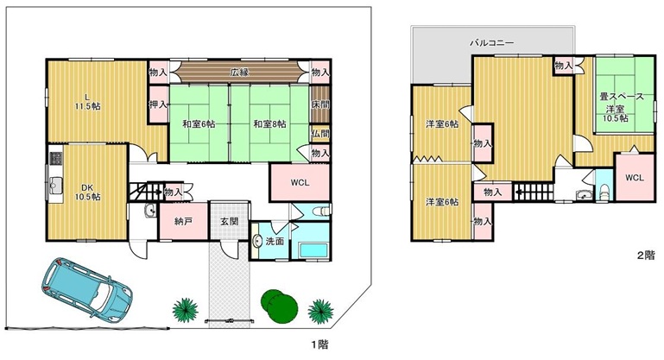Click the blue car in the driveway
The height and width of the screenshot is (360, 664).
pos(87,288)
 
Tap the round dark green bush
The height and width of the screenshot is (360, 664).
pos(279,306)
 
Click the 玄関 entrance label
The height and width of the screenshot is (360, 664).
pos(230,221)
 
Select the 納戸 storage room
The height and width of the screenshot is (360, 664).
pos(183,221)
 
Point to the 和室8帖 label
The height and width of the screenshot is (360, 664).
pos(269,124)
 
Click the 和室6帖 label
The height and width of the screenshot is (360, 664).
pos(199,124)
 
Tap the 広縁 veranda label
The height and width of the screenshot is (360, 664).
pos(239,73)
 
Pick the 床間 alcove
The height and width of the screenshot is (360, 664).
pos(320,104)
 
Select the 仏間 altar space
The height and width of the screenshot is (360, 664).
pos(320,134)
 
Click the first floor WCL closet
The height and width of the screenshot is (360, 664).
pos(300,182)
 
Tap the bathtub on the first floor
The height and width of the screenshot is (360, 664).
pos(313,249)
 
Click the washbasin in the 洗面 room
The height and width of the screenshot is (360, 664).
pos(257,242)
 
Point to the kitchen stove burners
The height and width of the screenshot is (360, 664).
pos(56,159)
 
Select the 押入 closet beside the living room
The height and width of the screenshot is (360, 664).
pos(158,104)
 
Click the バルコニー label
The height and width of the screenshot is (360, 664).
pos(491,43)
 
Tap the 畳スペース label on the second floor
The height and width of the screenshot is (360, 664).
pos(622,97)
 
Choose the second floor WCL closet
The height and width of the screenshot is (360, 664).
pos(635,178)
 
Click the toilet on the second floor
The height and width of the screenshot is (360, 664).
pos(604,192)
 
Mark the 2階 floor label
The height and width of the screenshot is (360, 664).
pos(646,255)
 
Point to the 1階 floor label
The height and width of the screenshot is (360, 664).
pos(319,344)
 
